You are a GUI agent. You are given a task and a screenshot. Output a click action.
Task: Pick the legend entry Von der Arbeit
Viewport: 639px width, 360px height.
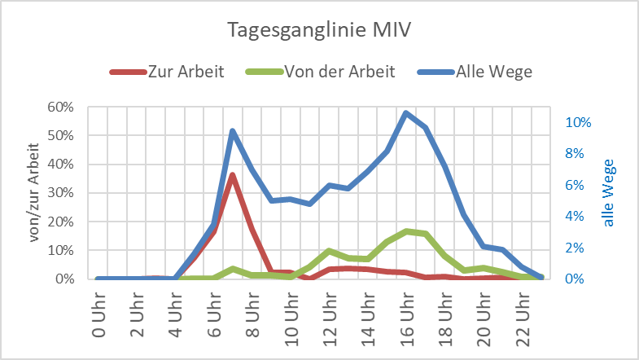(x=339, y=72)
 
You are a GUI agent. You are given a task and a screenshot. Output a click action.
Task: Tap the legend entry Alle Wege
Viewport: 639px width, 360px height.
(x=493, y=72)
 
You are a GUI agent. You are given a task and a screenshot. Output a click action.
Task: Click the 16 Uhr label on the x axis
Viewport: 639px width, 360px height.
(x=406, y=314)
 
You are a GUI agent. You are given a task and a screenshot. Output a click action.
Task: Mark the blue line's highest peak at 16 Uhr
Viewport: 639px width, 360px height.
(x=406, y=113)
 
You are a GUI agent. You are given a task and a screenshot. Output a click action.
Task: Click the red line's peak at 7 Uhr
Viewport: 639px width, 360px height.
(x=233, y=175)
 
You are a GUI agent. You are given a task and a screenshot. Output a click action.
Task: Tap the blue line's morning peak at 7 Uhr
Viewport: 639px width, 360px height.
(x=233, y=131)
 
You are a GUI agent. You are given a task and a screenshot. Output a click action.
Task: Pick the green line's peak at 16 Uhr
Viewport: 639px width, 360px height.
(x=406, y=231)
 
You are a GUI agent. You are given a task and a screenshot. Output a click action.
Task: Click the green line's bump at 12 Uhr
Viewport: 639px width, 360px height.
(x=329, y=251)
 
